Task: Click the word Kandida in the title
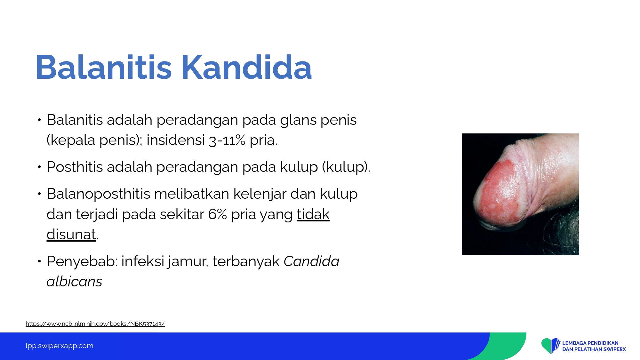[246, 67]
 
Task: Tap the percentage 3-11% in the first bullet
[227, 140]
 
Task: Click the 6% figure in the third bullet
[218, 214]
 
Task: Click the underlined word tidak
[313, 214]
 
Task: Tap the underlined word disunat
[71, 235]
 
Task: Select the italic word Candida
[311, 261]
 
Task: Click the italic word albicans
[75, 282]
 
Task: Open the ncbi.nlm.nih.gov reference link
[95, 324]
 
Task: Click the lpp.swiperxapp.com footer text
[60, 346]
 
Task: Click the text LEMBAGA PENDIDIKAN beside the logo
[590, 343]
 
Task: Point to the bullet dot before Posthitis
[39, 167]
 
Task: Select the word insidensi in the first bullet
[176, 140]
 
